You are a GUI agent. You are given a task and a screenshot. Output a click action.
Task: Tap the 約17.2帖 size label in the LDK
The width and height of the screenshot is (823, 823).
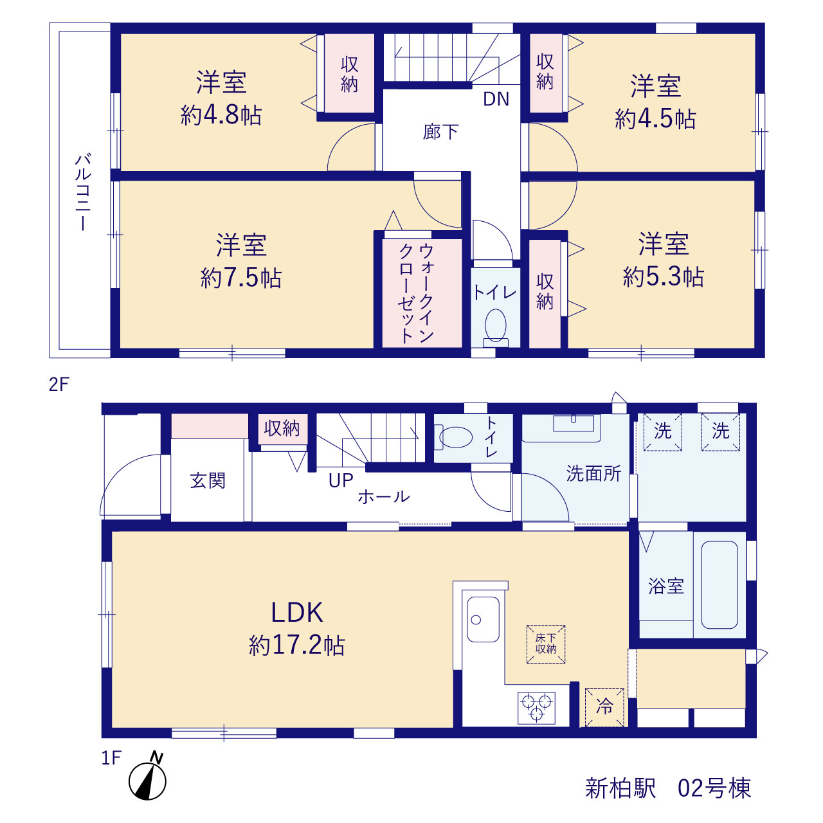pos(297,646)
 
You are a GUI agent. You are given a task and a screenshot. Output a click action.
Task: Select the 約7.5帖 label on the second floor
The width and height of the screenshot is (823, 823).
pos(241,278)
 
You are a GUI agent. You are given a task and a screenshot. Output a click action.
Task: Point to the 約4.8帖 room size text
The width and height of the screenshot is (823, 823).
pos(221,115)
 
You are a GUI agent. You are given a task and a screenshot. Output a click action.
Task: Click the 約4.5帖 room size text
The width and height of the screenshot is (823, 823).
pos(655,119)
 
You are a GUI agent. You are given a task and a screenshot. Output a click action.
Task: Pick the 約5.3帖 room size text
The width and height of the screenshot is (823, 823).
pos(664,276)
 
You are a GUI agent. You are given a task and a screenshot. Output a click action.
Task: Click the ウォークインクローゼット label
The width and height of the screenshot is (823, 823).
pos(416,293)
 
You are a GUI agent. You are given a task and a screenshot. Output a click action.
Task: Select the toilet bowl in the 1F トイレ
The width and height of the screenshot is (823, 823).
pos(453,437)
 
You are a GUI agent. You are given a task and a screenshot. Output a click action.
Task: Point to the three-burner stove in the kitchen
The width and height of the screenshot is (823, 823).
pos(536,708)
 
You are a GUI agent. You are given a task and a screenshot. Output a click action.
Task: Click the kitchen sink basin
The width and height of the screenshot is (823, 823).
pos(483,619)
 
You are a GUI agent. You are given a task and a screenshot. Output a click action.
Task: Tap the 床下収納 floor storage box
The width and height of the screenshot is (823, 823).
pos(546,644)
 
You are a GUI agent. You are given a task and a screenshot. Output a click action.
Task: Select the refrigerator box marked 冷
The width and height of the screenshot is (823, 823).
pos(604,707)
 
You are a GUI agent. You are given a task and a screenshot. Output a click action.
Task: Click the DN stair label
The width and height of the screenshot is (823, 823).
pos(496,99)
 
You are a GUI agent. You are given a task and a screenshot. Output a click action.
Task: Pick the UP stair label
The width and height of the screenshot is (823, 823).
pos(340,481)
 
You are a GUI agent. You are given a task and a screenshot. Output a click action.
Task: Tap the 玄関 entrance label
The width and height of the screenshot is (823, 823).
pos(208,481)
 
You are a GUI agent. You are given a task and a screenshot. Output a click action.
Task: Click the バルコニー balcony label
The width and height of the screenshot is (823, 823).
pos(84,193)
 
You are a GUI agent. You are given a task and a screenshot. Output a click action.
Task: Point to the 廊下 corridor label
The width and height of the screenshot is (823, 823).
pos(441,132)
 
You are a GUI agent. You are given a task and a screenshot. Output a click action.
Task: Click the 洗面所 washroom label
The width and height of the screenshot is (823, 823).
pos(593,474)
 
